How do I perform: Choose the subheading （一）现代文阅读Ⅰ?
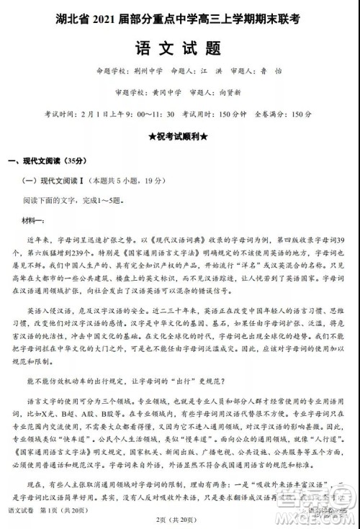(50, 181)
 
